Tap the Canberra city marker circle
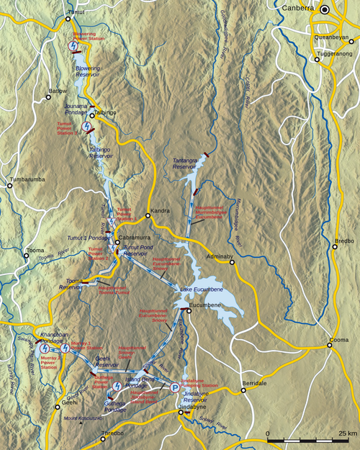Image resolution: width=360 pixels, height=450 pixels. tap(325, 9)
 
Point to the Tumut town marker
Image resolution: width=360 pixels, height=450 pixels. tap(68, 19)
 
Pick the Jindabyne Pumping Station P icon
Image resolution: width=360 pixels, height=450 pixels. tap(175, 387)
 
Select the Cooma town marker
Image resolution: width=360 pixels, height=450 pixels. tap(330, 346)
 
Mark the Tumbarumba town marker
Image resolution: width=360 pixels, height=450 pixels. tap(9, 185)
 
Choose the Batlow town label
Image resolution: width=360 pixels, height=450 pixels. tap(58, 91)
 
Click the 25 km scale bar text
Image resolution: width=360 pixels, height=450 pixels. tap(344, 433)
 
